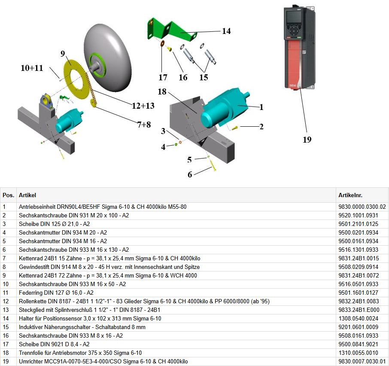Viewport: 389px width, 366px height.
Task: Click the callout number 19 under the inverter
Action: (307, 140)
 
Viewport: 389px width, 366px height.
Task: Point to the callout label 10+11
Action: (32, 68)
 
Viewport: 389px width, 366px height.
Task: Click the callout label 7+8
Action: (145, 125)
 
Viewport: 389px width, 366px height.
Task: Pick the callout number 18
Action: (162, 92)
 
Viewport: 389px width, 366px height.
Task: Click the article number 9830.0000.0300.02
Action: (362, 207)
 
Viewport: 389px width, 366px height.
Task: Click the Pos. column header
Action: (8, 195)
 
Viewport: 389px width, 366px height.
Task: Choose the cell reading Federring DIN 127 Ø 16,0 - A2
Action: (57, 293)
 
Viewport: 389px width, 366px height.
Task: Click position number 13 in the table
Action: (6, 310)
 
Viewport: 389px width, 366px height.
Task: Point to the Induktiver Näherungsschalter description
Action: (82, 327)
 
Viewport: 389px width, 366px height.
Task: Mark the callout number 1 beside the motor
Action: (261, 107)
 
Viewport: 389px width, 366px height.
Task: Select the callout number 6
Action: (190, 174)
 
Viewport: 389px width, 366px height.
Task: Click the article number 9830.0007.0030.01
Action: (362, 361)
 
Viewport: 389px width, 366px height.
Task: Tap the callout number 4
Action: (163, 147)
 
